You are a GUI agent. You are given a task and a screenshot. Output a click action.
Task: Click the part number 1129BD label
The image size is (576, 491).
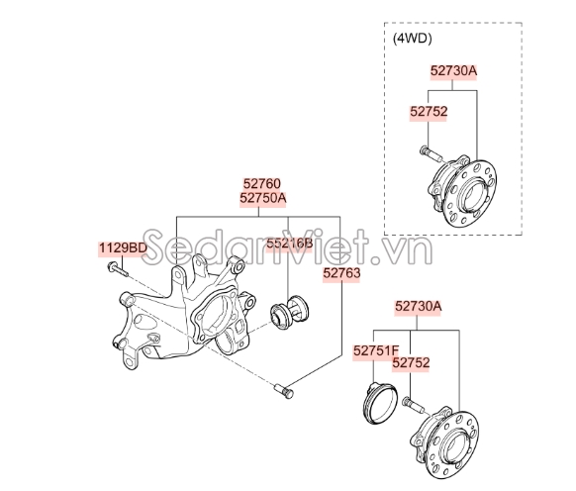pyautogui.click(x=122, y=246)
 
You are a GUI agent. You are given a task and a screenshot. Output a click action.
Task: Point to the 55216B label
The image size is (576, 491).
pyautogui.click(x=288, y=242)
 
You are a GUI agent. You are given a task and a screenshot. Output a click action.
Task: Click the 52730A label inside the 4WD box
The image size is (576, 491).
pyautogui.click(x=453, y=71)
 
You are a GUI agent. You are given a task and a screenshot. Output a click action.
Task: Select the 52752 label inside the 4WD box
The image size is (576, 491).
pyautogui.click(x=429, y=112)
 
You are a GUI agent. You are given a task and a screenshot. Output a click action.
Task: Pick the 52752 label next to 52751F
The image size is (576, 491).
pyautogui.click(x=412, y=363)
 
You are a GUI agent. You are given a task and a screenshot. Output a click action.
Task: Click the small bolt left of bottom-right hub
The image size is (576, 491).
pyautogui.click(x=412, y=405)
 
